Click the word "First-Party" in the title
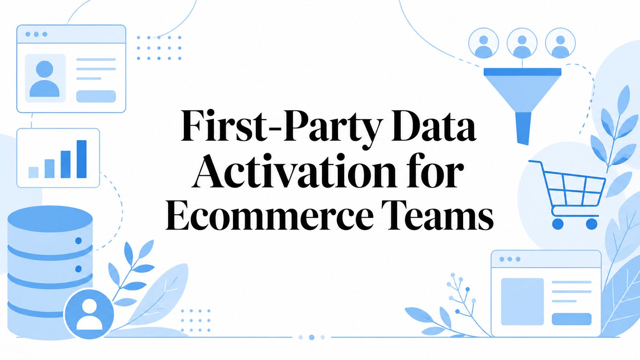click(282, 127)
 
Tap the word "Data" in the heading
click(434, 125)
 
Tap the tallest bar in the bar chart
click(82, 159)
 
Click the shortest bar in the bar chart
click(33, 173)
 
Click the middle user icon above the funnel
click(522, 43)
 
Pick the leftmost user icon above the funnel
click(484, 43)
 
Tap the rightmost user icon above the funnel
click(560, 43)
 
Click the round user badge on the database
click(89, 314)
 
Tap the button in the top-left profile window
click(96, 96)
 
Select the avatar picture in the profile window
click(45, 78)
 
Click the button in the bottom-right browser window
click(571, 319)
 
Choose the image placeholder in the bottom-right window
click(522, 301)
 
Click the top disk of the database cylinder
click(50, 218)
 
